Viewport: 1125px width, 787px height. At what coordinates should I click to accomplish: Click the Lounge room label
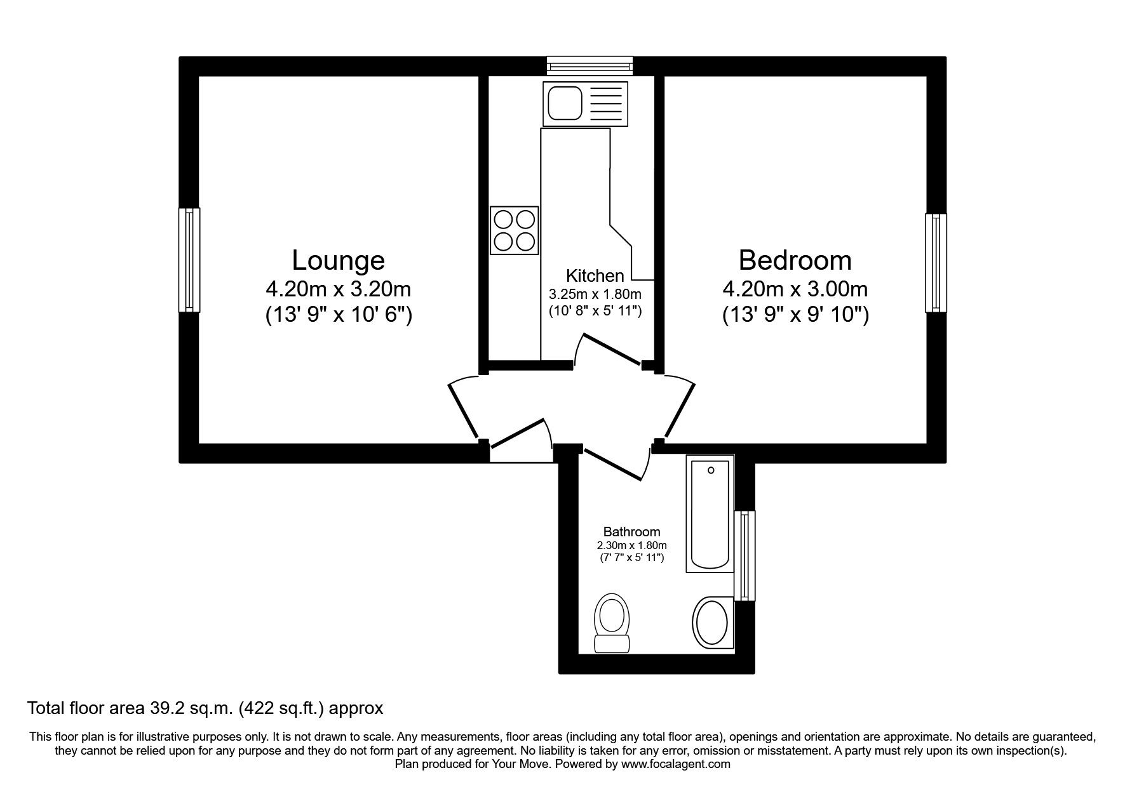coord(338,260)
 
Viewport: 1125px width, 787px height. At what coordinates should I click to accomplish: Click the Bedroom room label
coord(795,260)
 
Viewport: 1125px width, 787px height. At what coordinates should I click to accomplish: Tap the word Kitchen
coord(595,275)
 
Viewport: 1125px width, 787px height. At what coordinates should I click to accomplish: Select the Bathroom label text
coord(631,532)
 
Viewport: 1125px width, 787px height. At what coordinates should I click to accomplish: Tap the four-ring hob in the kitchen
coord(514,230)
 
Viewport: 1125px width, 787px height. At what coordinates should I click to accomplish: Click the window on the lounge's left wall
coord(189,260)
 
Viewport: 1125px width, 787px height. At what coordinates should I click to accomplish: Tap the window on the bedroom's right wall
coord(935,263)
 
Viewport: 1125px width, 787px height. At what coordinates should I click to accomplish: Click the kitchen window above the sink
coord(590,65)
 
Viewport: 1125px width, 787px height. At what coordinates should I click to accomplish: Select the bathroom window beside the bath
coord(744,555)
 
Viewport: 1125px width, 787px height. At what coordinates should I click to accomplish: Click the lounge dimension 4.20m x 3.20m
coord(338,289)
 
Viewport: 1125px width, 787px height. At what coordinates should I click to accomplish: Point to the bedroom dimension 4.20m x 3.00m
coord(795,289)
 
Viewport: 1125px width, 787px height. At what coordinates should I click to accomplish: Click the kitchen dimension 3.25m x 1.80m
coord(595,294)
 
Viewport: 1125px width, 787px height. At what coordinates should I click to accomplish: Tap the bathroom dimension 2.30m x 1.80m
coord(631,545)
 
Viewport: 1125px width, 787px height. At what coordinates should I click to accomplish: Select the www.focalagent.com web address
coord(675,764)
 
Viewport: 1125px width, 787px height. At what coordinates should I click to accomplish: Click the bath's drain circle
coord(710,470)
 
